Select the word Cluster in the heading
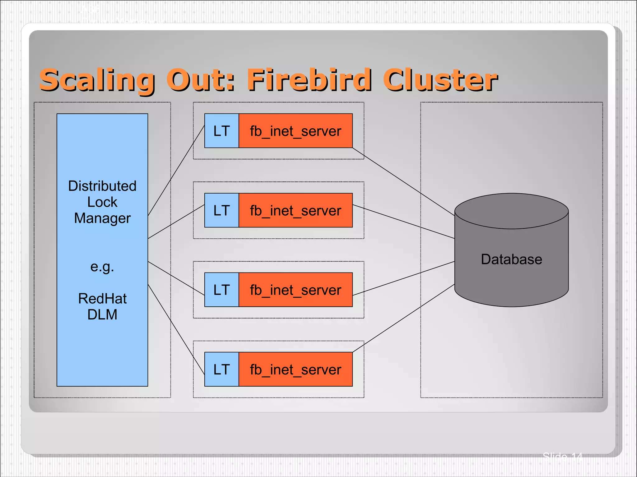point(440,80)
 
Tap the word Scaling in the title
point(97,80)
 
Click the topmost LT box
point(221,131)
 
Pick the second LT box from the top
point(221,210)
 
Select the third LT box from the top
point(221,290)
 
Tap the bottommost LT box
point(221,369)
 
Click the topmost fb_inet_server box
point(295,131)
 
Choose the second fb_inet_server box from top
point(295,210)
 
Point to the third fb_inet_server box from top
point(295,290)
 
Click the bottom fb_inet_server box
point(295,369)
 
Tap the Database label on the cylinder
point(511,259)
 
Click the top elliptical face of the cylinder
point(511,211)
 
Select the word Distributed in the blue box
point(102,186)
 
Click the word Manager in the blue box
point(102,218)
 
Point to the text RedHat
point(102,299)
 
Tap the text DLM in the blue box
point(102,315)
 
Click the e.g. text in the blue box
point(102,267)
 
